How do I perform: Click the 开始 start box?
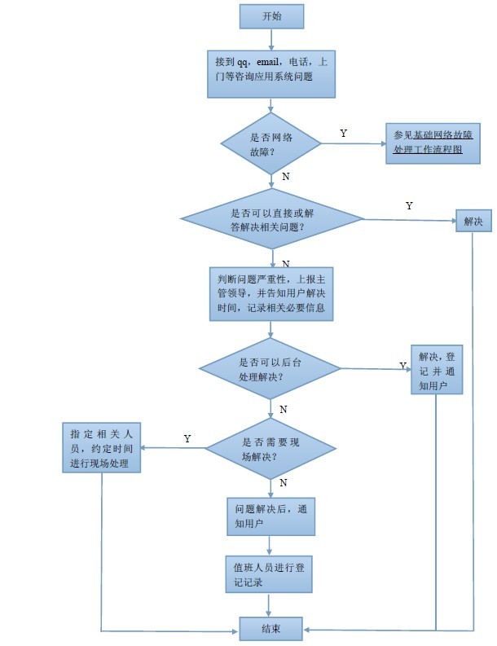pyautogui.click(x=271, y=16)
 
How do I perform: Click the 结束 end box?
pyautogui.click(x=271, y=628)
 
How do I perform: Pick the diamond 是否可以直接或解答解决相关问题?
pyautogui.click(x=271, y=219)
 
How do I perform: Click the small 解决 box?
pyautogui.click(x=473, y=221)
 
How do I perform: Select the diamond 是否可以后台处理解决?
pyautogui.click(x=271, y=370)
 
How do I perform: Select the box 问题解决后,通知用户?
pyautogui.click(x=271, y=516)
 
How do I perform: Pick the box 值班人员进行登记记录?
pyautogui.click(x=271, y=573)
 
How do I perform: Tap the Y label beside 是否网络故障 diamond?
pyautogui.click(x=343, y=133)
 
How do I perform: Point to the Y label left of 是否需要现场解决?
pyautogui.click(x=187, y=438)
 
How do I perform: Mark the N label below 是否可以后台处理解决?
pyautogui.click(x=283, y=409)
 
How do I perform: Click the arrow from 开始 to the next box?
pyautogui.click(x=271, y=39)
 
